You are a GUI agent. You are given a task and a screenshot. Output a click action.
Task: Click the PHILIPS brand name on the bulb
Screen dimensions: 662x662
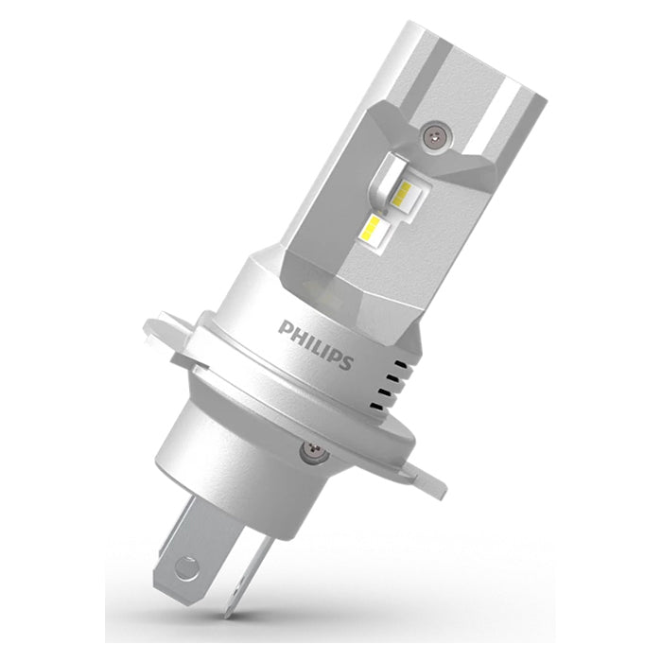coord(316,343)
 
